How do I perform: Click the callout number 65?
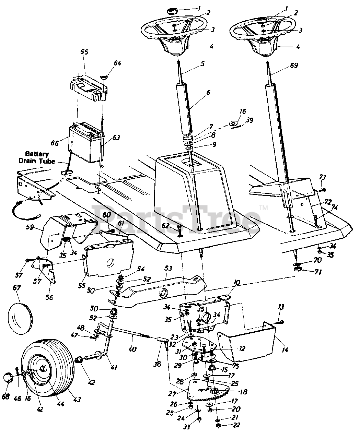[x=84, y=52]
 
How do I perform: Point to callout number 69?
[x=294, y=65]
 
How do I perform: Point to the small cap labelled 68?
[x=9, y=379]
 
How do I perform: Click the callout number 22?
[x=236, y=425]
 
